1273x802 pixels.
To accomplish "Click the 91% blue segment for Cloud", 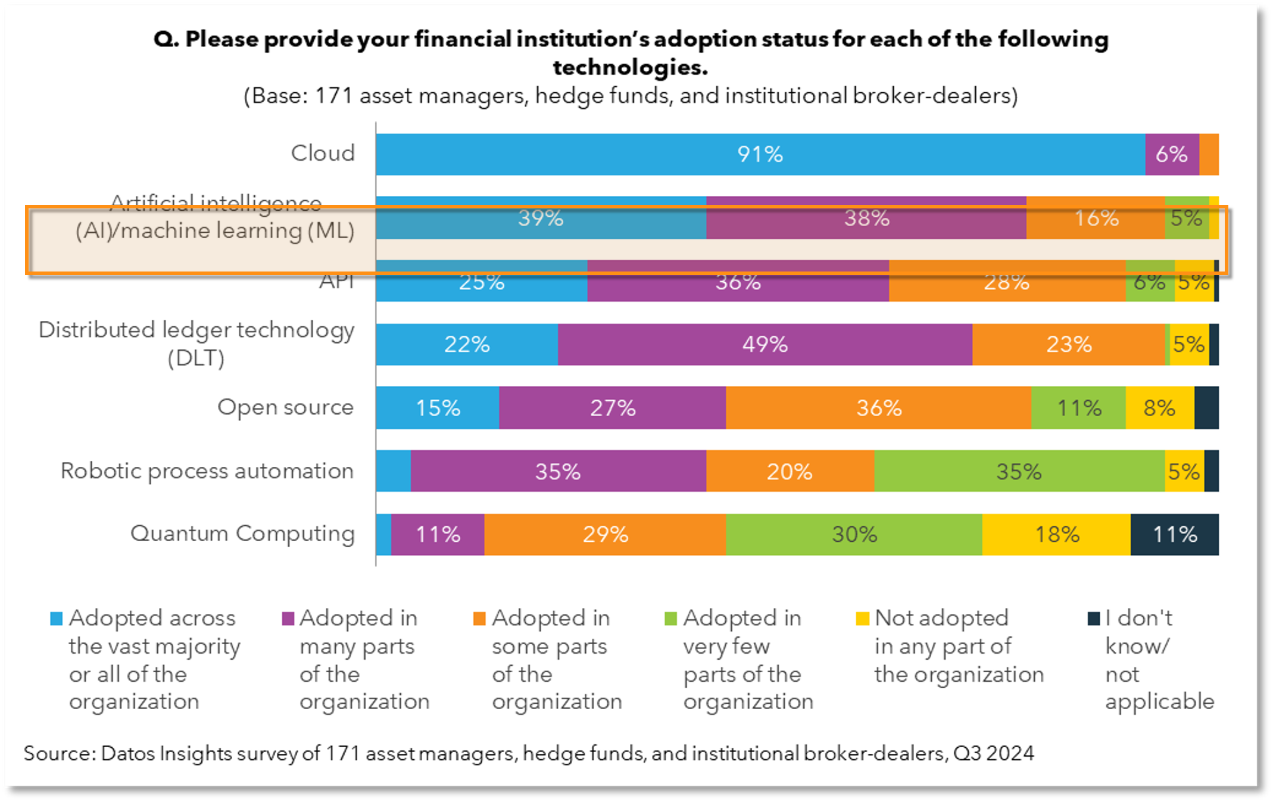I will pos(760,154).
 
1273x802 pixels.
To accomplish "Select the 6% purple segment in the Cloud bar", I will pos(1171,154).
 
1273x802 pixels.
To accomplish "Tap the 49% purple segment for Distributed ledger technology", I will pos(765,344).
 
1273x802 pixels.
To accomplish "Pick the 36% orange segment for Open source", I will pos(878,408).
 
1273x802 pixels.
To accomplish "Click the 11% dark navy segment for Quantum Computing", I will pos(1174,534).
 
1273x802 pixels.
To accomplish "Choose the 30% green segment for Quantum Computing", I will pos(854,534).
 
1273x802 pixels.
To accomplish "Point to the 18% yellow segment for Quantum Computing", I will pos(1056,534).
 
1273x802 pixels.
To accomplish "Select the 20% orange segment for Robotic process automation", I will pos(790,471).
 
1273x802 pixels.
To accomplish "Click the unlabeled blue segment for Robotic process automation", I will pos(393,471).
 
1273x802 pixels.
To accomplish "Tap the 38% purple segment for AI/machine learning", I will pos(866,218).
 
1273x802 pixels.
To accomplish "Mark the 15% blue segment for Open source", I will pos(438,408).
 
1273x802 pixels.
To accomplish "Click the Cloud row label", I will pos(323,153).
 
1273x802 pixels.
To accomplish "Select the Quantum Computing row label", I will pos(242,533).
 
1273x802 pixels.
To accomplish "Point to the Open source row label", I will pos(285,407).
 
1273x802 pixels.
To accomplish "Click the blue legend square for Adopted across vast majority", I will pos(57,619).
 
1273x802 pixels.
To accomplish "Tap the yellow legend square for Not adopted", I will pos(862,619).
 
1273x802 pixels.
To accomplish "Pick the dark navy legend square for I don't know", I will pos(1093,619).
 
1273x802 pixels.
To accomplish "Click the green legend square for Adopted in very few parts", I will pos(670,619).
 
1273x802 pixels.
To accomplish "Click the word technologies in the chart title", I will pos(630,67).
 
